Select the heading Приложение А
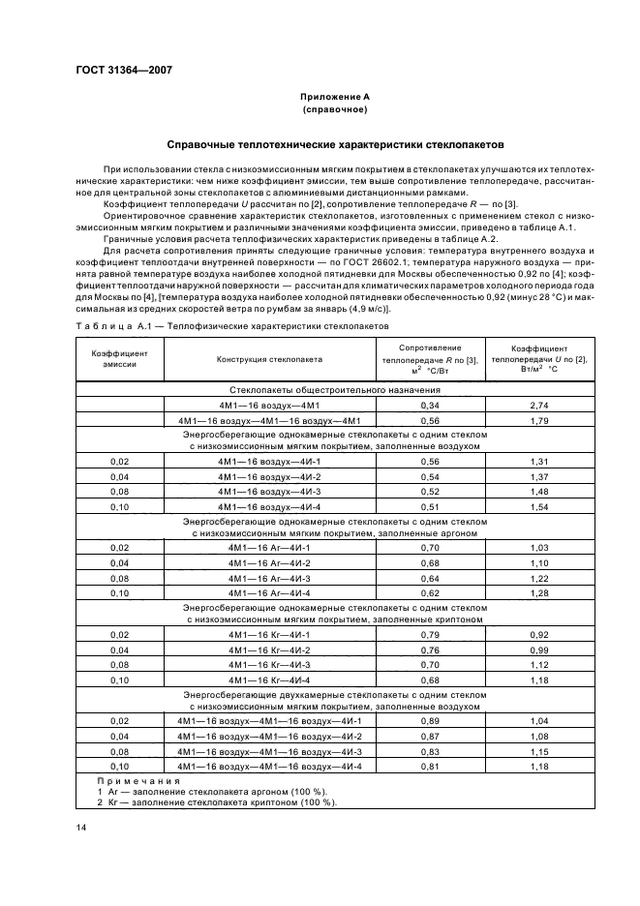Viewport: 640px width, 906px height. coord(334,97)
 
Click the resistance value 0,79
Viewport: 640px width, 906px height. coord(429,634)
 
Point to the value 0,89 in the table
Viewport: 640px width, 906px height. coord(429,721)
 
